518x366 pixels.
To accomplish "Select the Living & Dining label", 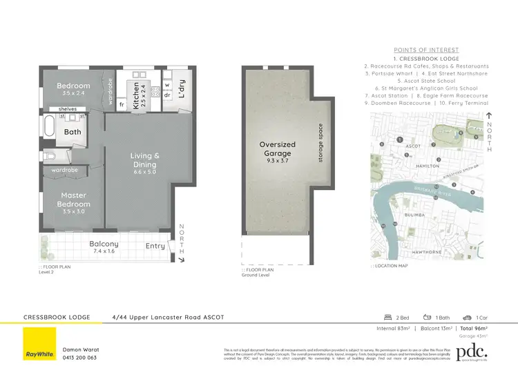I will pos(145,160).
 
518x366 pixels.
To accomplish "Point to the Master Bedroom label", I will pos(74,200).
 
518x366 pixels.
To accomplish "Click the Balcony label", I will pos(104,244).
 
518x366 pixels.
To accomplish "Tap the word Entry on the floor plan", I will pos(156,246).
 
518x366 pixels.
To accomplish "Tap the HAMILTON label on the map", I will pos(429,166).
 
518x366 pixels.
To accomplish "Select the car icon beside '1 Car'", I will pos(468,317).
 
